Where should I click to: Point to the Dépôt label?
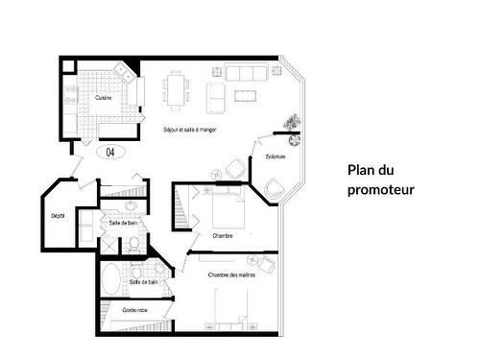[58, 216]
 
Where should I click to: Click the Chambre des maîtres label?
[230, 276]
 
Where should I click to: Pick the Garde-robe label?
[134, 310]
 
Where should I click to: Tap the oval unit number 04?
[109, 152]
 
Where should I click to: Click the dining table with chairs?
[177, 90]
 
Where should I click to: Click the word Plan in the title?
[363, 171]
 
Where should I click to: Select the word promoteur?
[381, 190]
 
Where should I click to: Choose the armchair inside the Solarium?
[274, 187]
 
